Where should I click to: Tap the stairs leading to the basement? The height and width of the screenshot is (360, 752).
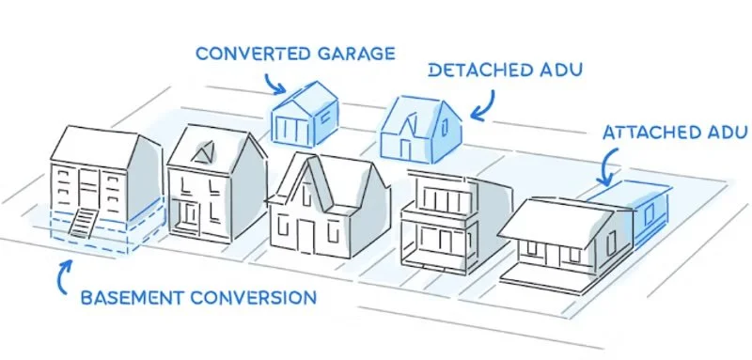pos(83,226)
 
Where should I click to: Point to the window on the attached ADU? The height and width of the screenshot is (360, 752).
pos(648,216)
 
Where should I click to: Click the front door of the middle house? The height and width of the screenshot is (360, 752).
pos(305,230)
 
